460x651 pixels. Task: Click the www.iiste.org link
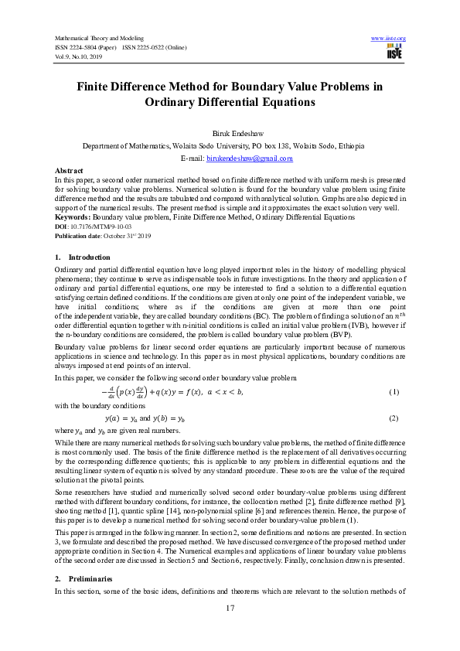(388, 38)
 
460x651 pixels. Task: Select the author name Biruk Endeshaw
(230, 132)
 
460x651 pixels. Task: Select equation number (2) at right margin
(394, 418)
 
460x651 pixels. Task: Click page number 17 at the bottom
(230, 630)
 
